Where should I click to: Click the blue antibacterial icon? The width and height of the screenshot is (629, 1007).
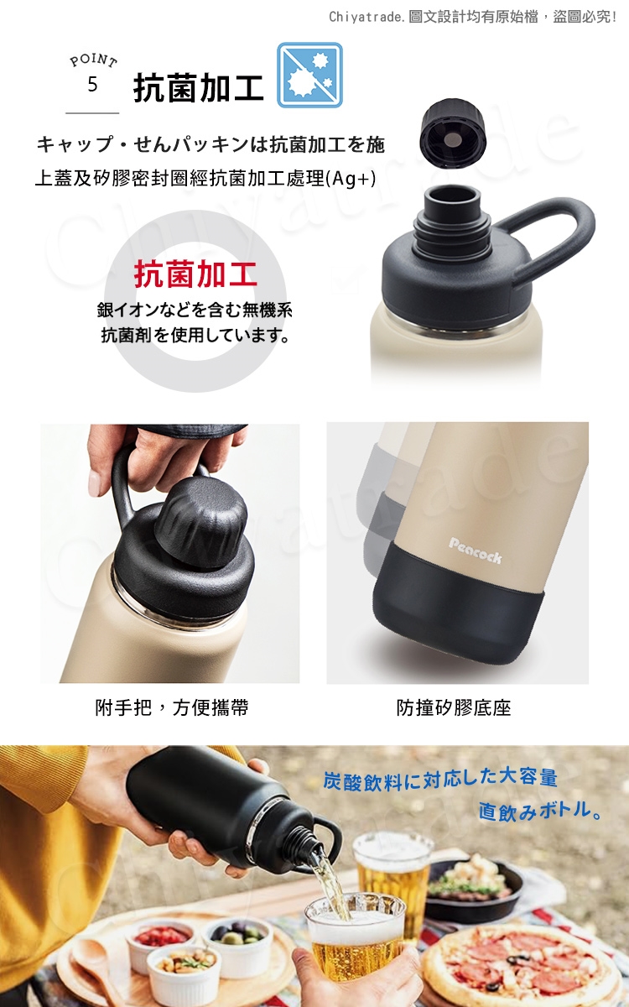coord(309,75)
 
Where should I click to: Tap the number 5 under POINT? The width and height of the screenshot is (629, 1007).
coord(92,85)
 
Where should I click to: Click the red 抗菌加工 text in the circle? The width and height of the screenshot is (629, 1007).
coord(195,274)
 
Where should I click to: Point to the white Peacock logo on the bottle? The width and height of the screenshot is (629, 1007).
coord(476,550)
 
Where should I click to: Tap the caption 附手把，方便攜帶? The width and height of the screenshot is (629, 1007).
coord(172,707)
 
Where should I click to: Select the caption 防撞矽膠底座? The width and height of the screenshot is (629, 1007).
coord(454,707)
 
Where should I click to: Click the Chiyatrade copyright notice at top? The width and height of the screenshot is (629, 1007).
coord(472,17)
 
